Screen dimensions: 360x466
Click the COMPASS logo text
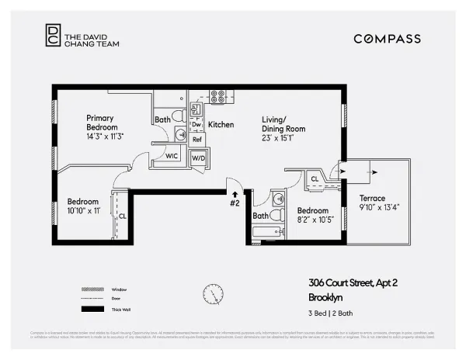[x=387, y=38]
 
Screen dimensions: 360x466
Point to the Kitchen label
[x=221, y=124]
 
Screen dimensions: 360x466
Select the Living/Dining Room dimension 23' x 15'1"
[x=283, y=138]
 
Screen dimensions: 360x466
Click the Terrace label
[x=371, y=198]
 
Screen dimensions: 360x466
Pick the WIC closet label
[x=172, y=156]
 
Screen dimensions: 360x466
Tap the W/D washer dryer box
[x=198, y=158]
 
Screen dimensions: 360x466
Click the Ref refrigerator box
[x=197, y=140]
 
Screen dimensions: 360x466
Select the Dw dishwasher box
[x=196, y=124]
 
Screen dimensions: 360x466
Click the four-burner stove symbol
[x=218, y=97]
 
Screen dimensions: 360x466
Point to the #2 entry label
[x=234, y=203]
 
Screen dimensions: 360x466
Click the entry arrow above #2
[x=234, y=193]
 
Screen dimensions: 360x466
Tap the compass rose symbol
[x=210, y=294]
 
